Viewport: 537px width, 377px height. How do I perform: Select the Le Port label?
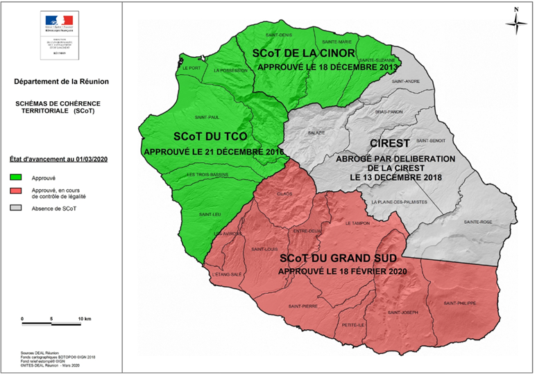coord(191,68)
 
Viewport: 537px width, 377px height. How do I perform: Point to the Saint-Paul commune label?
coord(207,117)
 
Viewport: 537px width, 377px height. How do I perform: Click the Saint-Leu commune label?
coord(210,215)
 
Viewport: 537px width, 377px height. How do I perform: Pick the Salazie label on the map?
coord(316,132)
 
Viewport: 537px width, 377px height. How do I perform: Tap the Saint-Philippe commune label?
coord(461,303)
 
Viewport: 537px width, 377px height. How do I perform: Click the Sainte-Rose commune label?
coord(478,222)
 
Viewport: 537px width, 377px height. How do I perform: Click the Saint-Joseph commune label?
coord(403,313)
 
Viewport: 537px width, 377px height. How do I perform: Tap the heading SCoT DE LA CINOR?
coord(304,53)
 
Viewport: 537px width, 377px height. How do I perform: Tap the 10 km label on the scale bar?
coord(85,318)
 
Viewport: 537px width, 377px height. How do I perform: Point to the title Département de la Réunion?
coord(60,82)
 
